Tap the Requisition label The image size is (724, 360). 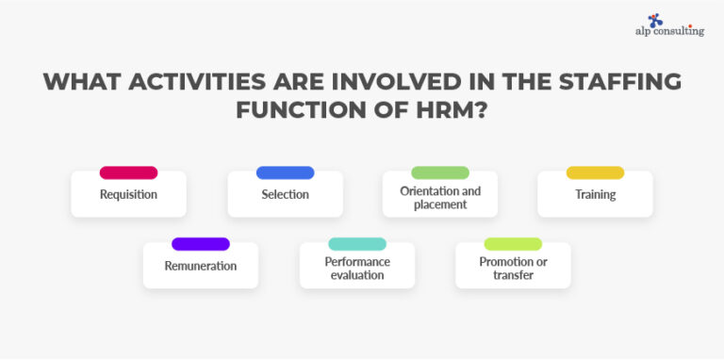coord(128,195)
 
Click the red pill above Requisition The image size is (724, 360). coord(128,172)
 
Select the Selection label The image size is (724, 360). coord(285,195)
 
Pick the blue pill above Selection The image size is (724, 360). coord(285,172)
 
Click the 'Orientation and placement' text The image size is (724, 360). coord(440,197)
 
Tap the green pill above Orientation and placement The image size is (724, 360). coord(440,172)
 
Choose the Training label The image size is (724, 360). coord(595,195)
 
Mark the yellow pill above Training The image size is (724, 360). coord(595,172)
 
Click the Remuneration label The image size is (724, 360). coord(200,267)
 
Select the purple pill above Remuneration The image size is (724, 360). coord(200,244)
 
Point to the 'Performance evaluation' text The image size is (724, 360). coord(357,269)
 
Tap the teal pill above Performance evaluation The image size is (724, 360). coord(357,244)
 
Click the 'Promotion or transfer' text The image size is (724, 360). coord(513,269)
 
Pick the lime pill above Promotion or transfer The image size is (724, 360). coord(513,244)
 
